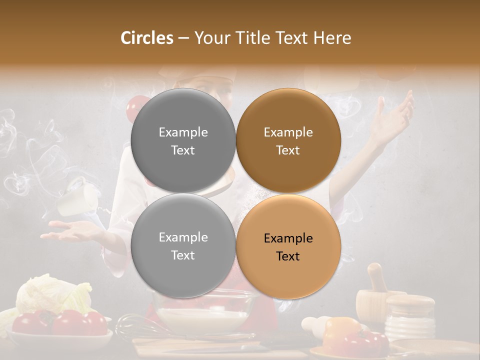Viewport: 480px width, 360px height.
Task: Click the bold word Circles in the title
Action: (147, 38)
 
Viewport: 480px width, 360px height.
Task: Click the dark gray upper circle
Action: (183, 141)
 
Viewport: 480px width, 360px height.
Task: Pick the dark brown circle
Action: (288, 141)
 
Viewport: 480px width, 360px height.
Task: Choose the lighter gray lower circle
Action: (183, 246)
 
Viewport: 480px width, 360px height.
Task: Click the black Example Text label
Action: (288, 247)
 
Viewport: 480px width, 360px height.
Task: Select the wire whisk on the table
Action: (137, 327)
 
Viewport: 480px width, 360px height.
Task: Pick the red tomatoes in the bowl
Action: (60, 322)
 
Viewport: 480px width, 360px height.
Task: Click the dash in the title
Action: (183, 38)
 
